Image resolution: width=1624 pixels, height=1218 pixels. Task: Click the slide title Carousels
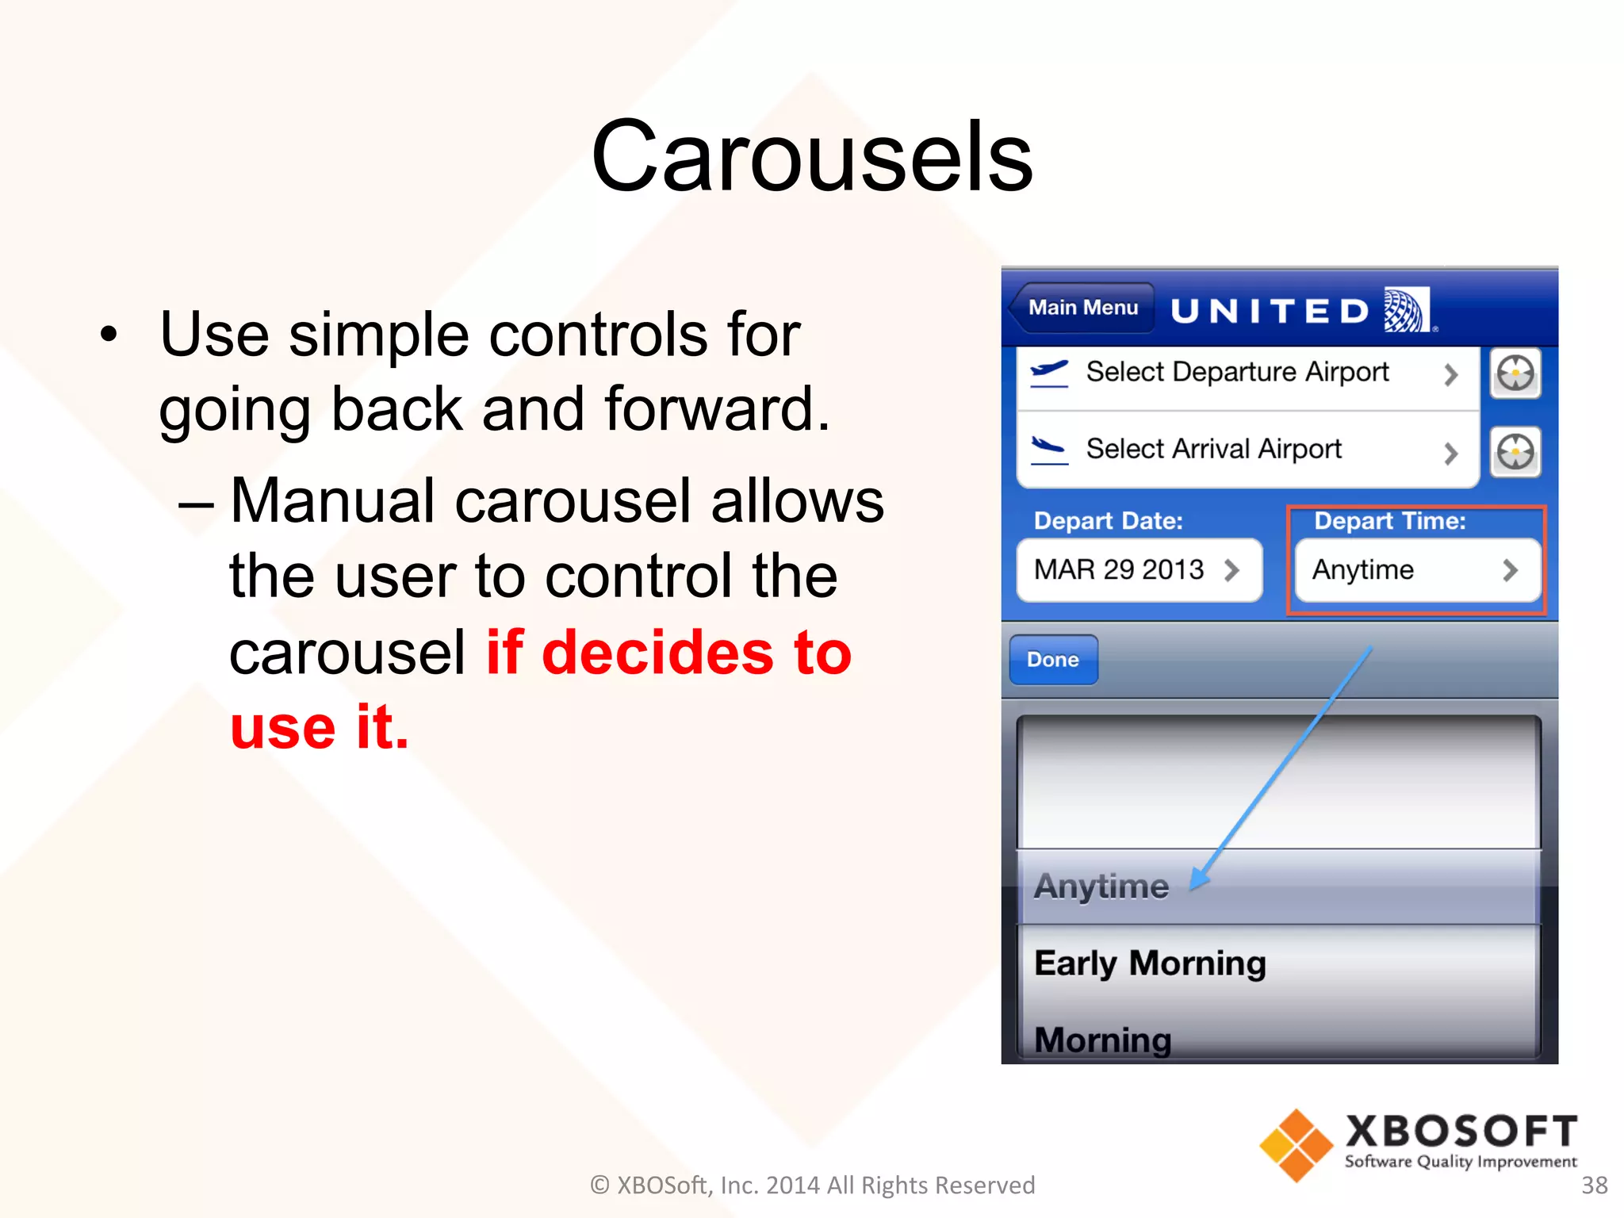811,156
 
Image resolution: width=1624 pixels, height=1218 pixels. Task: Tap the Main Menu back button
1082,308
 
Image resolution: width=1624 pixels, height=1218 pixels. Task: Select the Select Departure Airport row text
1236,372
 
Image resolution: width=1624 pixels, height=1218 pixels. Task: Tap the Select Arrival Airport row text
1213,449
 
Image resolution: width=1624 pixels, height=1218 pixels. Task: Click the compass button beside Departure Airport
1515,373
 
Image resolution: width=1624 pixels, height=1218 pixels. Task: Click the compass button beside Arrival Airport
1515,452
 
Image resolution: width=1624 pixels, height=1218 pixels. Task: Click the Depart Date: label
1108,521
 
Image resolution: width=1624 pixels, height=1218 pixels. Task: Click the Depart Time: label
1389,521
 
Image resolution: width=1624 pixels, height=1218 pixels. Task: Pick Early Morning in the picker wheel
1150,963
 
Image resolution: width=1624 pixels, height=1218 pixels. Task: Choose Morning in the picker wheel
1102,1040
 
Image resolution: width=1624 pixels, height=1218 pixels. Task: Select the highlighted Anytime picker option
1101,887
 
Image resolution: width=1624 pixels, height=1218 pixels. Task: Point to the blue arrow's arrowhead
1199,879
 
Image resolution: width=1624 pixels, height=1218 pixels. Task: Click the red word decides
657,653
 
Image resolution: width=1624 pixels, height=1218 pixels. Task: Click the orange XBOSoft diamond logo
1296,1144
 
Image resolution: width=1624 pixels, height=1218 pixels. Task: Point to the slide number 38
1594,1185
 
